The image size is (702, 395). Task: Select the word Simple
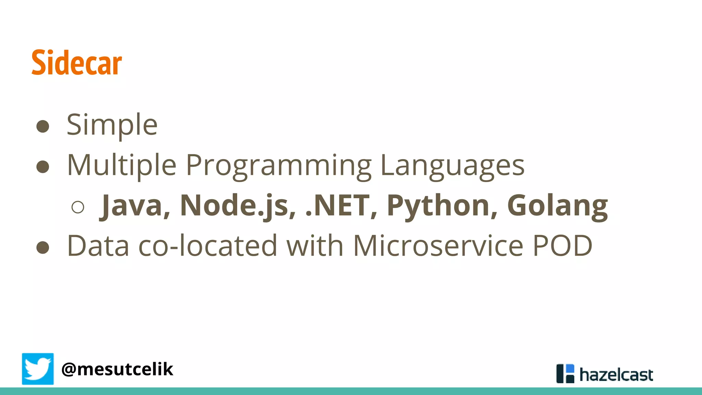pos(112,125)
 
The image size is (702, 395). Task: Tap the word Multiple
pos(122,166)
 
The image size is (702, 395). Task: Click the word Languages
pos(452,166)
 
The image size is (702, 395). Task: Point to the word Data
pos(98,246)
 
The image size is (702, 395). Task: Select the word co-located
pos(208,246)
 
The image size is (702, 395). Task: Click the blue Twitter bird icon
pos(38,369)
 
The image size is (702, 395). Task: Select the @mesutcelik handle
pos(117,369)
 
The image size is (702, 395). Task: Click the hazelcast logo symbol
pos(565,373)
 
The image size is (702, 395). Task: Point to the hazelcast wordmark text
pos(616,375)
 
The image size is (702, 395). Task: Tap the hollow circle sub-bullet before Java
pos(78,207)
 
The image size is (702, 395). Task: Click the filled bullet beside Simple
pos(43,126)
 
